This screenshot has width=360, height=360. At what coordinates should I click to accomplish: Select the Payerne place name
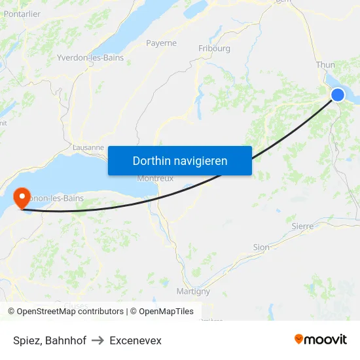(161, 43)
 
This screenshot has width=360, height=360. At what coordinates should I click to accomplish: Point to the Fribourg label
(214, 48)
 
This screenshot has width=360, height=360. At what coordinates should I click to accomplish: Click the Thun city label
(325, 65)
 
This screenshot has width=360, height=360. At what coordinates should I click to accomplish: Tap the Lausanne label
(88, 147)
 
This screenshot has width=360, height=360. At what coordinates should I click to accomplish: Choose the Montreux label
(154, 179)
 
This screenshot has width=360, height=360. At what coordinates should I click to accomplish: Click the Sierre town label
(302, 226)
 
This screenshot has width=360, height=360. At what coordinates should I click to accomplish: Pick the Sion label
(261, 247)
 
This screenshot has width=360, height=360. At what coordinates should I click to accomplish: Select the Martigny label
(193, 291)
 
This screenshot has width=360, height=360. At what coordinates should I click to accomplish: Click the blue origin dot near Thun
(338, 95)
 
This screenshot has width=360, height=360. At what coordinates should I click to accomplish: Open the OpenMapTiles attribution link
(166, 312)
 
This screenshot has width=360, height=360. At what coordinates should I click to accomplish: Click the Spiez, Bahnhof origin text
(50, 340)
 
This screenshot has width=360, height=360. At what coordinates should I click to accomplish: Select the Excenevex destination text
(135, 340)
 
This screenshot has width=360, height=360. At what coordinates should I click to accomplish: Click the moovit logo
(321, 340)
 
